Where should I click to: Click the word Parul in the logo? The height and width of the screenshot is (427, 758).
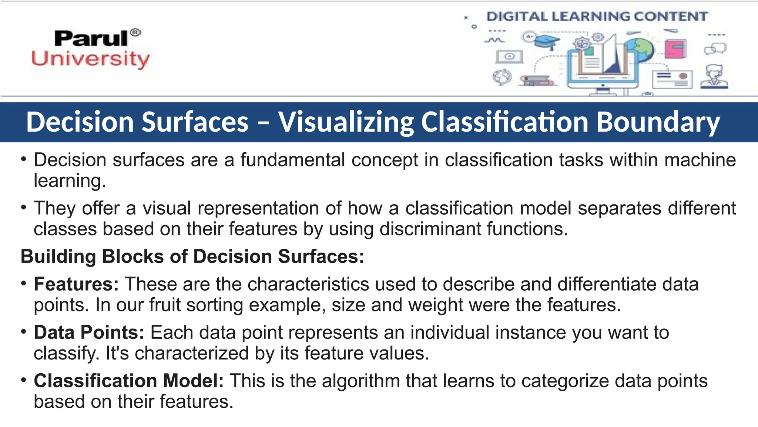pos(91,39)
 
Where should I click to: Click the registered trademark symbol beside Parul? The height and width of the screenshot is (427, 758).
pos(135,33)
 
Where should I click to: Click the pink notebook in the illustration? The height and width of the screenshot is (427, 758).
pos(675,49)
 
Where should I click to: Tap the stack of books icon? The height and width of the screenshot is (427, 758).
pos(537,80)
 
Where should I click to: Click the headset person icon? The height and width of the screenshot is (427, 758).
pos(714,77)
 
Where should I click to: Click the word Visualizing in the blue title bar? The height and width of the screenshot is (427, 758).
pos(346,122)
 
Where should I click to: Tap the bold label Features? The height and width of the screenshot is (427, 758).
pos(76,284)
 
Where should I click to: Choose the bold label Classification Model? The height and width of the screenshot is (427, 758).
pos(129,381)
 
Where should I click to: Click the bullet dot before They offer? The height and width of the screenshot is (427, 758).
pos(24,207)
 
